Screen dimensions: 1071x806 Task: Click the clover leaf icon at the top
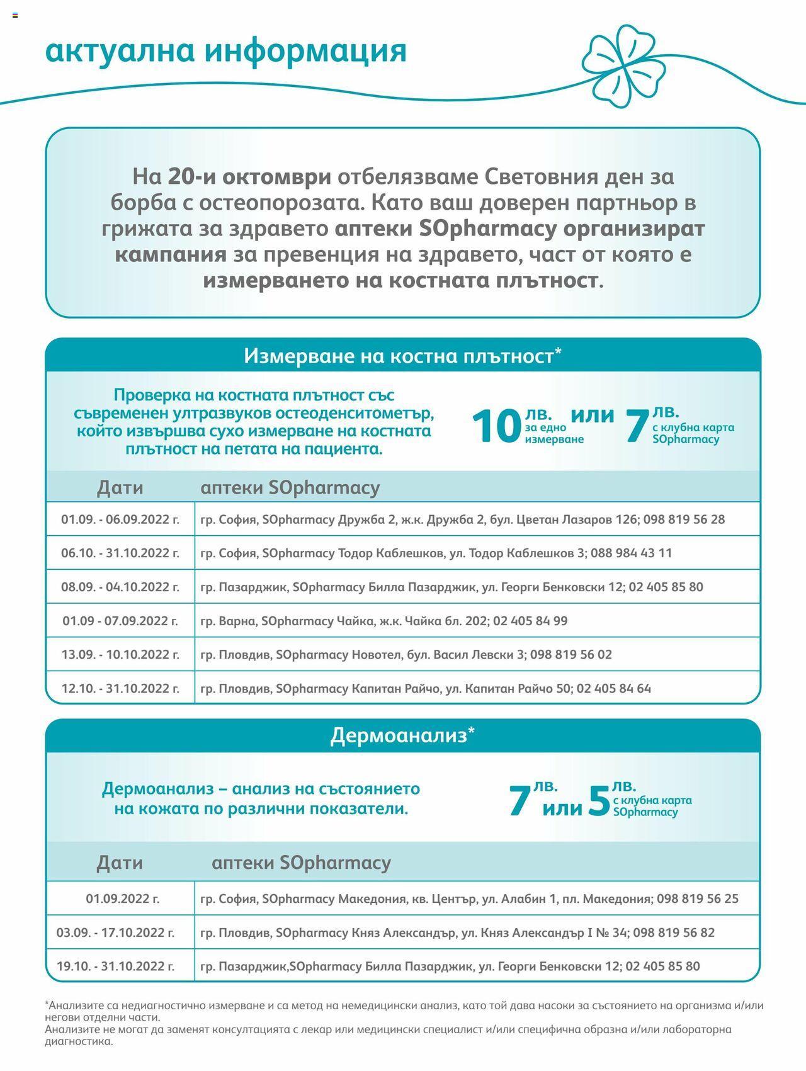(623, 65)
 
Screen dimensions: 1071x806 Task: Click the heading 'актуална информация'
(226, 51)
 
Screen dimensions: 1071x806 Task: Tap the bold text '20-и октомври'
(249, 177)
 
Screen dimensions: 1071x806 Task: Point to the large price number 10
(496, 427)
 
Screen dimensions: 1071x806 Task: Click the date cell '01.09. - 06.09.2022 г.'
(120, 519)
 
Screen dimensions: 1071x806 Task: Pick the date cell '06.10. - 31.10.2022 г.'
(120, 553)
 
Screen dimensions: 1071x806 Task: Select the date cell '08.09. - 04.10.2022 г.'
(120, 587)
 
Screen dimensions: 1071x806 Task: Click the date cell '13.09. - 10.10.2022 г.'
(120, 654)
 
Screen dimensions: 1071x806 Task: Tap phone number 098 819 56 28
(684, 519)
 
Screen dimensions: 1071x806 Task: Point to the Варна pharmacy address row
(384, 621)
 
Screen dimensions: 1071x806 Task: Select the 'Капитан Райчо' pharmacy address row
(426, 688)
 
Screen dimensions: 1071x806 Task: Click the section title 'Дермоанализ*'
(402, 735)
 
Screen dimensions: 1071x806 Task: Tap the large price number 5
(599, 801)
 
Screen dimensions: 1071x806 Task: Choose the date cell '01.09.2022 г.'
(123, 898)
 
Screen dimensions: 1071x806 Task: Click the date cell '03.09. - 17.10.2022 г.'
(116, 932)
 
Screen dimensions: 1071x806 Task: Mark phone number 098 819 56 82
(674, 932)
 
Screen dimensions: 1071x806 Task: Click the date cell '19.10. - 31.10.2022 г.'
(116, 966)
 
